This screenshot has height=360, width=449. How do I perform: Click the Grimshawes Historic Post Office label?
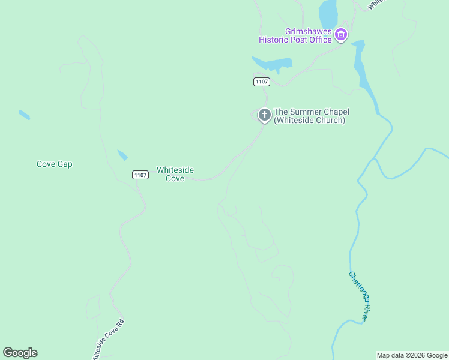[295, 36]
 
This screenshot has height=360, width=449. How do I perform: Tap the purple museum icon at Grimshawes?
[341, 35]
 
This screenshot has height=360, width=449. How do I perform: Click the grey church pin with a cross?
[264, 115]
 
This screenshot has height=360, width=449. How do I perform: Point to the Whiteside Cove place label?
[175, 174]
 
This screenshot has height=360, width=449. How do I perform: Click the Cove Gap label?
[54, 164]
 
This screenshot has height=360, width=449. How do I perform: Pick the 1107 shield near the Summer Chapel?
[261, 82]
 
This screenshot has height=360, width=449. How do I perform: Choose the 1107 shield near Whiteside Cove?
[140, 175]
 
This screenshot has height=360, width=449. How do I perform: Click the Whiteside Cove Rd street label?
[107, 340]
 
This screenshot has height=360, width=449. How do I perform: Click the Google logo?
[20, 353]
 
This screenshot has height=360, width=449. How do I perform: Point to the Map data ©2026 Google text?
[412, 355]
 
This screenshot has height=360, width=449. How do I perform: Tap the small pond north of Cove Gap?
[24, 114]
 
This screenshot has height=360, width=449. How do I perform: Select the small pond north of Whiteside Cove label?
[122, 155]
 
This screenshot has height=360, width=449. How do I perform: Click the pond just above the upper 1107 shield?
[273, 63]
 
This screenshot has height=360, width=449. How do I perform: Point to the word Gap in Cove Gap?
[65, 164]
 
